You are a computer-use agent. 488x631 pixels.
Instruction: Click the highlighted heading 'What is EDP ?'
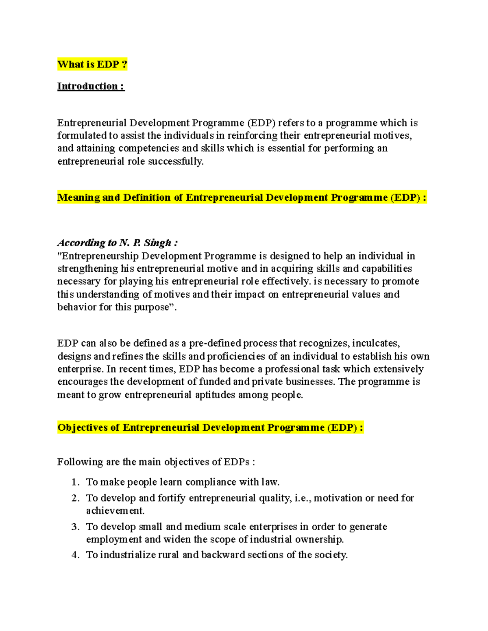[x=92, y=64]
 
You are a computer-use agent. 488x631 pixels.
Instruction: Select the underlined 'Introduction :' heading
[x=91, y=86]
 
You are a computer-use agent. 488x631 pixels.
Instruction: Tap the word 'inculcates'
[x=376, y=343]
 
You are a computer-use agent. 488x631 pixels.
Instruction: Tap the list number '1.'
[x=75, y=482]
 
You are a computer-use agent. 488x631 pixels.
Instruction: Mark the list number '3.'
[x=75, y=527]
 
